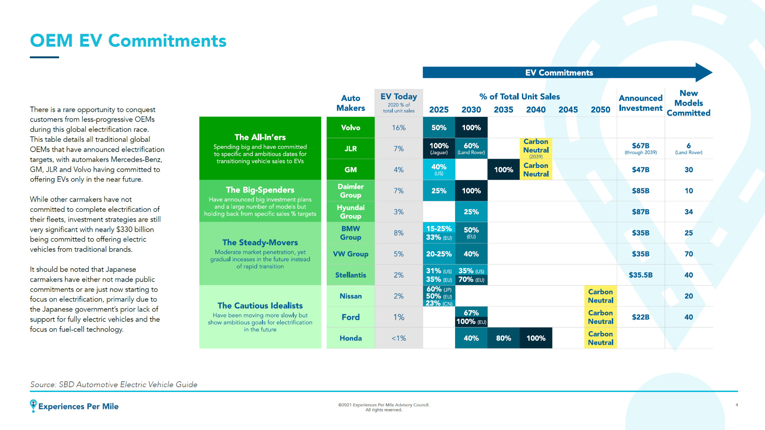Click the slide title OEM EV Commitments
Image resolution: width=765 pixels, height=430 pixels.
pyautogui.click(x=128, y=41)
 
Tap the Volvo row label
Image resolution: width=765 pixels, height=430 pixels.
pyautogui.click(x=350, y=127)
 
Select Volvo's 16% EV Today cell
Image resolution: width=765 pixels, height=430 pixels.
pyautogui.click(x=398, y=127)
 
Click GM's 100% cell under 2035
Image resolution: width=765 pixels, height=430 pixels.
pyautogui.click(x=503, y=169)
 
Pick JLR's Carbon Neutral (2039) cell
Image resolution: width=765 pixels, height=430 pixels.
pyautogui.click(x=536, y=148)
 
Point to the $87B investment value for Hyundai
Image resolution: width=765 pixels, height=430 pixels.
pyautogui.click(x=641, y=212)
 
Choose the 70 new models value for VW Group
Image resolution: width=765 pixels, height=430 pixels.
pyautogui.click(x=688, y=254)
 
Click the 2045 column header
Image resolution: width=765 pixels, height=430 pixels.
pyautogui.click(x=568, y=110)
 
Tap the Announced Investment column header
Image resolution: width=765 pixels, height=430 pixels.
pyautogui.click(x=641, y=103)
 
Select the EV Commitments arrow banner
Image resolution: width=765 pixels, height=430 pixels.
pyautogui.click(x=559, y=72)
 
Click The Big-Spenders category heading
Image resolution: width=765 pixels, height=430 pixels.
pyautogui.click(x=260, y=190)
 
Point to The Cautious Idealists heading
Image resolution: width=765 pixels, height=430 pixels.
pyautogui.click(x=260, y=306)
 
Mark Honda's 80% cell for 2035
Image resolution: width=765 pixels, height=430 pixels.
pyautogui.click(x=503, y=338)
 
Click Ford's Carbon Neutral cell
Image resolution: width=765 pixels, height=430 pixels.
pyautogui.click(x=601, y=317)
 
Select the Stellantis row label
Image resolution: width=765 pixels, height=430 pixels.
pyautogui.click(x=350, y=275)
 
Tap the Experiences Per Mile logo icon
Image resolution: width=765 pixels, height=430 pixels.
pyautogui.click(x=33, y=405)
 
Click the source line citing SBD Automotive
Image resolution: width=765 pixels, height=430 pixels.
pyautogui.click(x=114, y=384)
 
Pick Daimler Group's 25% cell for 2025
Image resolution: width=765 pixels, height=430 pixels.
pyautogui.click(x=439, y=191)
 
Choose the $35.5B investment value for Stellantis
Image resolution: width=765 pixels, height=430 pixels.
pyautogui.click(x=641, y=275)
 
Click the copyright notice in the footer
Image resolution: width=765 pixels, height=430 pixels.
pyautogui.click(x=384, y=407)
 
